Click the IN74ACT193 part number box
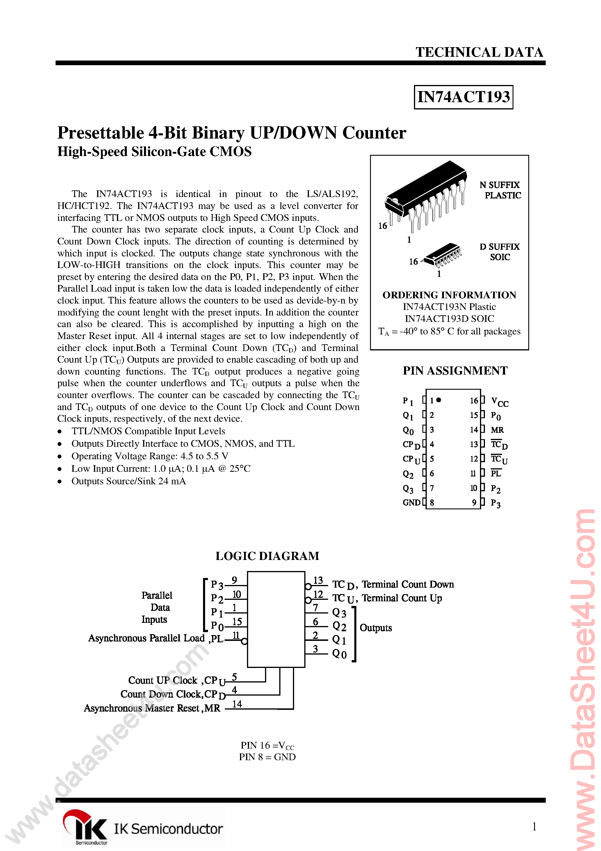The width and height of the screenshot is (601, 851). [x=463, y=97]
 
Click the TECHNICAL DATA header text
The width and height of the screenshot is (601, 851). [x=479, y=52]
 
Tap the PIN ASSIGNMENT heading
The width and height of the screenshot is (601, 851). [x=455, y=371]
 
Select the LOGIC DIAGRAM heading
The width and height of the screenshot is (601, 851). [x=267, y=556]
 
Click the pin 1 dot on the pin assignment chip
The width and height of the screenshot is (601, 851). [x=439, y=400]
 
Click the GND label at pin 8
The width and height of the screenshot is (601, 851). [x=411, y=503]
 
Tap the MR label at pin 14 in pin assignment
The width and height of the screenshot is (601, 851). [x=497, y=430]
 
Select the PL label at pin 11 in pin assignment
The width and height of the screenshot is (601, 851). [x=495, y=473]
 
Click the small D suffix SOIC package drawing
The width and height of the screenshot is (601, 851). [x=443, y=255]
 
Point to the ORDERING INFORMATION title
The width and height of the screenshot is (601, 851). [x=449, y=295]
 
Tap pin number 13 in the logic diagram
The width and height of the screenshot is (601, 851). [x=318, y=580]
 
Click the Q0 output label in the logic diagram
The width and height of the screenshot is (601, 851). [x=339, y=654]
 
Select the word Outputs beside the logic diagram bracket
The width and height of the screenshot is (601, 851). [x=376, y=628]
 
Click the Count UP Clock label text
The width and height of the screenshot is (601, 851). [x=163, y=680]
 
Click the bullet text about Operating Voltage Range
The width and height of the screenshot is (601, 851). [x=150, y=456]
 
